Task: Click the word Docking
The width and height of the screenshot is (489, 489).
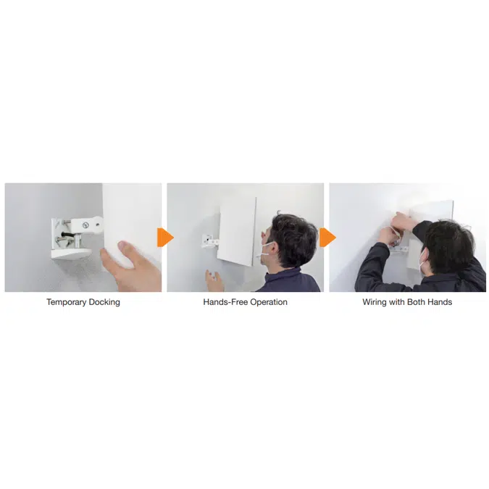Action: point(103,302)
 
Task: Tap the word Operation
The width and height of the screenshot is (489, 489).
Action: point(268,302)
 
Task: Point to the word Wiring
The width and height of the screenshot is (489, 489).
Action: point(375,302)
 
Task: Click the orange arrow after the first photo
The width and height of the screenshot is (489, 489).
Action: point(166,237)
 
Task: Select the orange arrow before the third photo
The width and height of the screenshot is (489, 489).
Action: point(327,237)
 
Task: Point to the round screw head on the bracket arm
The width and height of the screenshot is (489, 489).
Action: point(85,225)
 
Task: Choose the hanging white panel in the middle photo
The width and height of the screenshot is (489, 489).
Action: point(238,230)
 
